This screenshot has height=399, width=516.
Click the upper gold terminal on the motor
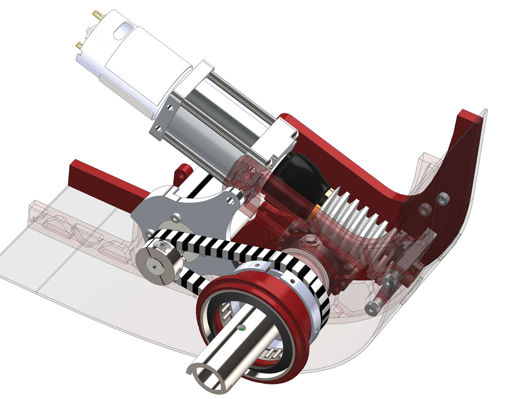(96, 13)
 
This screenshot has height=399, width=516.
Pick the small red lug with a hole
(183, 172)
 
